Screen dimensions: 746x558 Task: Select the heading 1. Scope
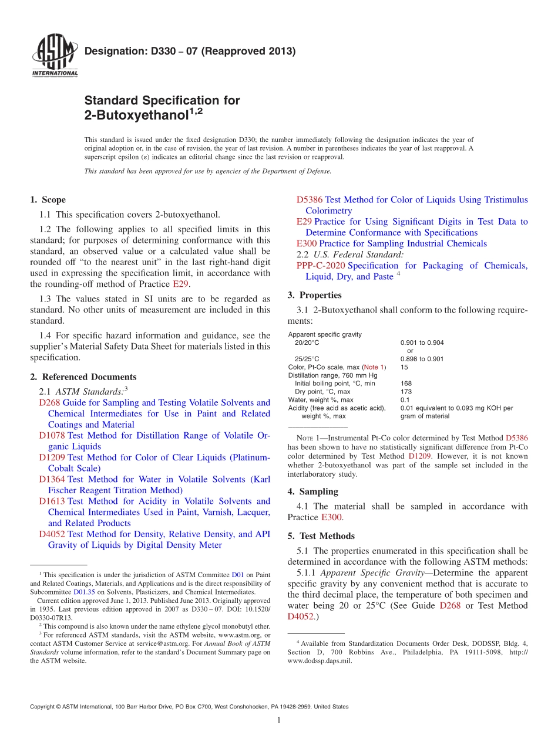tap(48, 200)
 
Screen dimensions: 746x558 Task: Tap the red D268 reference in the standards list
tap(49, 403)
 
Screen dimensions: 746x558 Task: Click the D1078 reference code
tap(52, 436)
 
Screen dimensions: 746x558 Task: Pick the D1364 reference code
tap(52, 480)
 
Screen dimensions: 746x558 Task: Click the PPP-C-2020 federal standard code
tap(321, 266)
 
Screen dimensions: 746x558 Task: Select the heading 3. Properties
tap(314, 296)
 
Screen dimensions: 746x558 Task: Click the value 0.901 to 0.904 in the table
tap(422, 343)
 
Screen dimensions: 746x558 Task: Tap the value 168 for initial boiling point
tap(406, 384)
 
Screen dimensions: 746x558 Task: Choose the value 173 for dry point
tap(406, 392)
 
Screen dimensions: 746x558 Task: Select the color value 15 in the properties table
tap(404, 367)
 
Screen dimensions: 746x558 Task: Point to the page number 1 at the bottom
tap(279, 721)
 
